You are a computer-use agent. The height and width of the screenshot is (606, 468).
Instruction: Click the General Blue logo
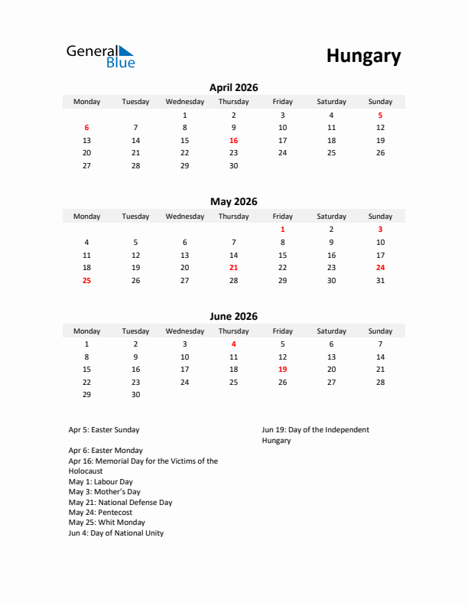100,56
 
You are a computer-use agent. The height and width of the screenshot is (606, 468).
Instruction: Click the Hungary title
363,56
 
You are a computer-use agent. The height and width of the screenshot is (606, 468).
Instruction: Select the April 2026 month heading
233,87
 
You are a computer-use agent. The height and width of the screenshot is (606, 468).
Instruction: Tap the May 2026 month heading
233,202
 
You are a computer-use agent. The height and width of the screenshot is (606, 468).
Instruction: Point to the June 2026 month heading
233,317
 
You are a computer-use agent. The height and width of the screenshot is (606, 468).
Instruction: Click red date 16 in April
233,141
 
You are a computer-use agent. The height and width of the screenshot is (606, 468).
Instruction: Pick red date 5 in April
380,115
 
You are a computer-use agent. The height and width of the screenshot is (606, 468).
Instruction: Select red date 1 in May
282,230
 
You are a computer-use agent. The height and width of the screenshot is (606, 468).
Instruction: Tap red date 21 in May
233,268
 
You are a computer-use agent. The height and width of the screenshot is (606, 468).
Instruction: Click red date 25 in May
86,281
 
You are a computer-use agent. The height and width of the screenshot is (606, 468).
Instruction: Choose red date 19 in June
282,370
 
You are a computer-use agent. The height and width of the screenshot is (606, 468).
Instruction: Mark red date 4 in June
233,344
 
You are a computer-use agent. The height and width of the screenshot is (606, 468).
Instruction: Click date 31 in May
380,281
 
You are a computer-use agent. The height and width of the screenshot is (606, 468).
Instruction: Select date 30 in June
135,395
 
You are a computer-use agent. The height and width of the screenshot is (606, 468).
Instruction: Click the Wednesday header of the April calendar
184,102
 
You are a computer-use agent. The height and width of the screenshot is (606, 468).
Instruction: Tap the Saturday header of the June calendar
331,331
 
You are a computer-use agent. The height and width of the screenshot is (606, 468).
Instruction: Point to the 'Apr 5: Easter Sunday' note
104,430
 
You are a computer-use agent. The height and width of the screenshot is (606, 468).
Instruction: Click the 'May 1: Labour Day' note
100,482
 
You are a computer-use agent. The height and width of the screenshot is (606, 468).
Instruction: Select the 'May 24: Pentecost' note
100,513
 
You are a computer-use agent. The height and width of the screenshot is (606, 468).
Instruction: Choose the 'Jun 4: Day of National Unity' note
115,533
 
